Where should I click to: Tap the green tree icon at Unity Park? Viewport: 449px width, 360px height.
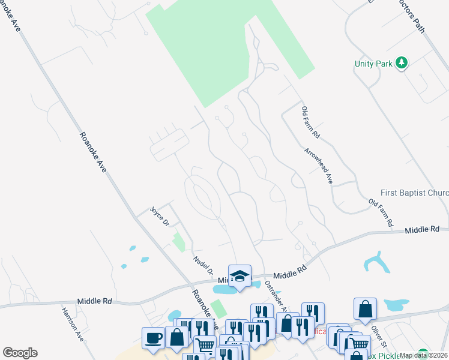[x=402, y=62]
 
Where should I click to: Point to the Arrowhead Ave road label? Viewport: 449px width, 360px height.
[x=319, y=165]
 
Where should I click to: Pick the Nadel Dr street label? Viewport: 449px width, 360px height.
[x=203, y=265]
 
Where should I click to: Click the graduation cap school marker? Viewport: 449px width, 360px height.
[x=240, y=275]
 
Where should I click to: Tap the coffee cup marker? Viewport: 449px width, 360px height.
[x=153, y=337]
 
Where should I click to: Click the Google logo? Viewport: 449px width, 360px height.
[x=20, y=353]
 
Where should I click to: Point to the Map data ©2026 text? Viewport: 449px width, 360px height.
[x=424, y=355]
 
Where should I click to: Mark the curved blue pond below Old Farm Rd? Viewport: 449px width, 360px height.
[x=376, y=263]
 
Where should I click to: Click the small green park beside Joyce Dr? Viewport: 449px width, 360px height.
[x=179, y=242]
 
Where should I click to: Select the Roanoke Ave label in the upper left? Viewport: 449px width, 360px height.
[x=92, y=152]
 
